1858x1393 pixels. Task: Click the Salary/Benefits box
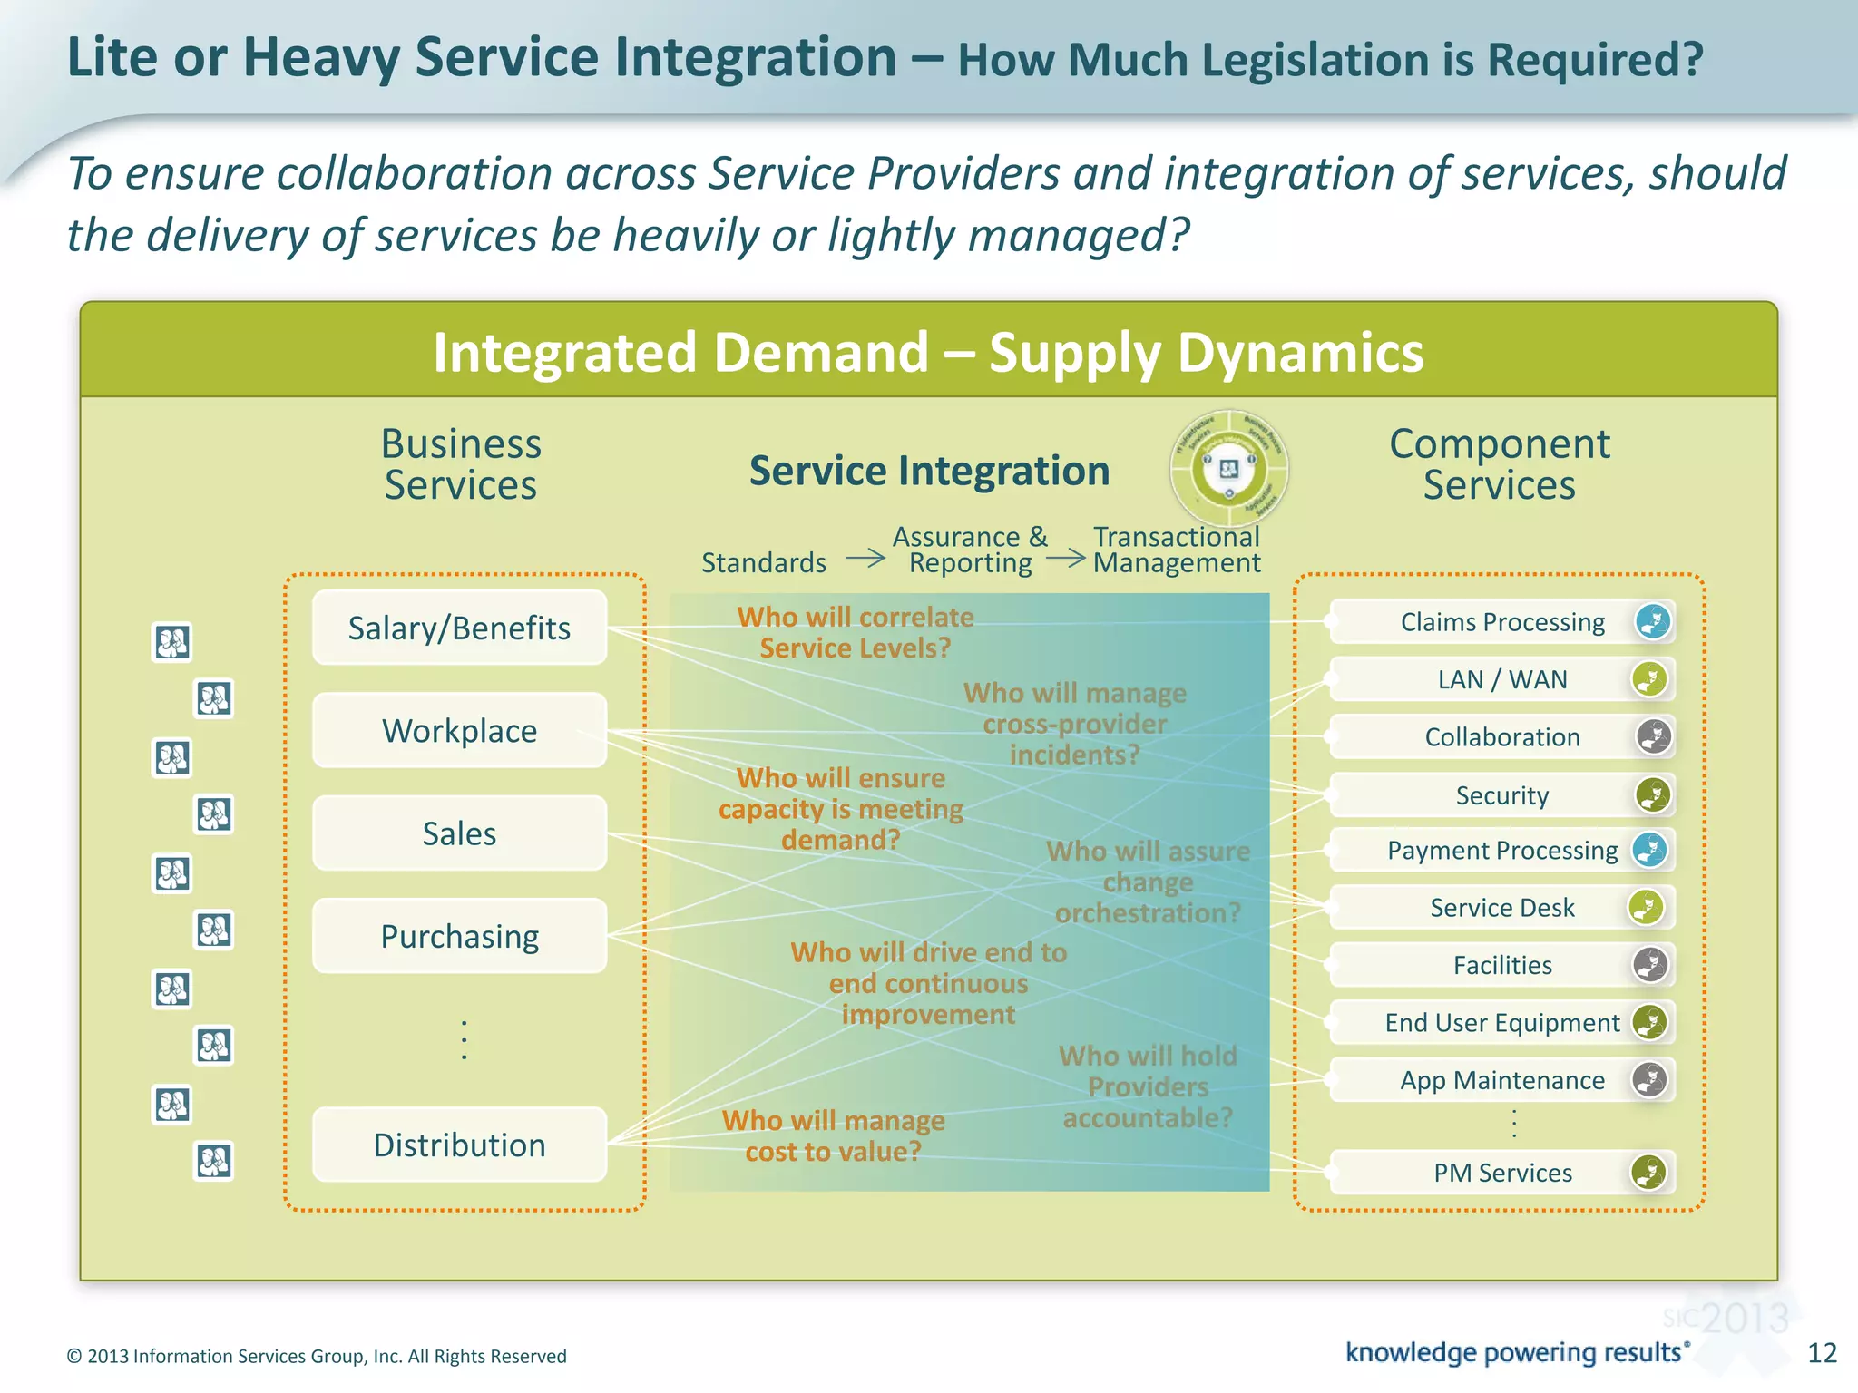point(459,628)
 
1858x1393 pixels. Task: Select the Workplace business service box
point(459,730)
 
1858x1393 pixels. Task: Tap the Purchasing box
point(459,936)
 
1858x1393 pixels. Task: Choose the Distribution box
point(459,1145)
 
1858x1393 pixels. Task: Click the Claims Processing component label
point(1502,622)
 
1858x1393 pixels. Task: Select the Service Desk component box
point(1502,908)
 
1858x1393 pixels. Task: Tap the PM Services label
point(1502,1173)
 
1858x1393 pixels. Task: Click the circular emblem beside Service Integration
point(1228,469)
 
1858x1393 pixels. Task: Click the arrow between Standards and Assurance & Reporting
point(865,558)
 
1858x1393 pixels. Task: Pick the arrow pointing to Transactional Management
point(1066,558)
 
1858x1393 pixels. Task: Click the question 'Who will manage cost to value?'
point(833,1136)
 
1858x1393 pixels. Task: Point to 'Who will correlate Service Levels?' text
point(855,632)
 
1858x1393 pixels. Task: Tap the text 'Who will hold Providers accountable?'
point(1148,1086)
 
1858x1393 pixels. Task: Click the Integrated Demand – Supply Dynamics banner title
point(928,352)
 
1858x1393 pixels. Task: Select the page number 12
point(1822,1353)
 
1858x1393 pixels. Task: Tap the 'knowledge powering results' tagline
point(1513,1352)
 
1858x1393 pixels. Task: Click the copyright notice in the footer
point(317,1356)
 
